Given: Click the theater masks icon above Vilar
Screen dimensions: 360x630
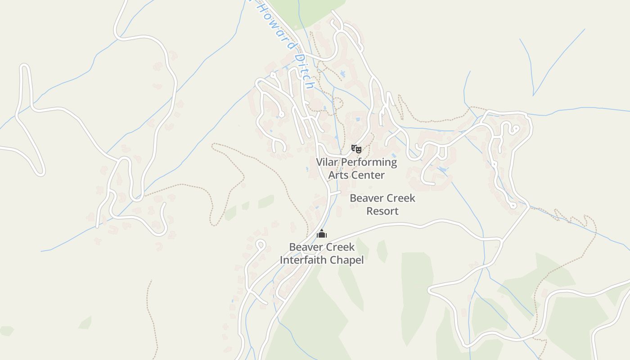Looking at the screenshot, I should pyautogui.click(x=356, y=148).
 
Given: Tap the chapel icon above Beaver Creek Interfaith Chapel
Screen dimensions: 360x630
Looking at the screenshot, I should pyautogui.click(x=322, y=234).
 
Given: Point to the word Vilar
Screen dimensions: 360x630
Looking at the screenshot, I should pyautogui.click(x=327, y=162).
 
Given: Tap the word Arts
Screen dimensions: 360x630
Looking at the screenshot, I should pyautogui.click(x=338, y=175).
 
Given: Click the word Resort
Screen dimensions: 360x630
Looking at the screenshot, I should pyautogui.click(x=382, y=211).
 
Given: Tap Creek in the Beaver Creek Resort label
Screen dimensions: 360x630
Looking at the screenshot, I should pyautogui.click(x=400, y=198).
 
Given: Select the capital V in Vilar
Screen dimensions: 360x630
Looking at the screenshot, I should pyautogui.click(x=319, y=162).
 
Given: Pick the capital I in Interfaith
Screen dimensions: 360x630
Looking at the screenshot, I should pyautogui.click(x=282, y=260).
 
